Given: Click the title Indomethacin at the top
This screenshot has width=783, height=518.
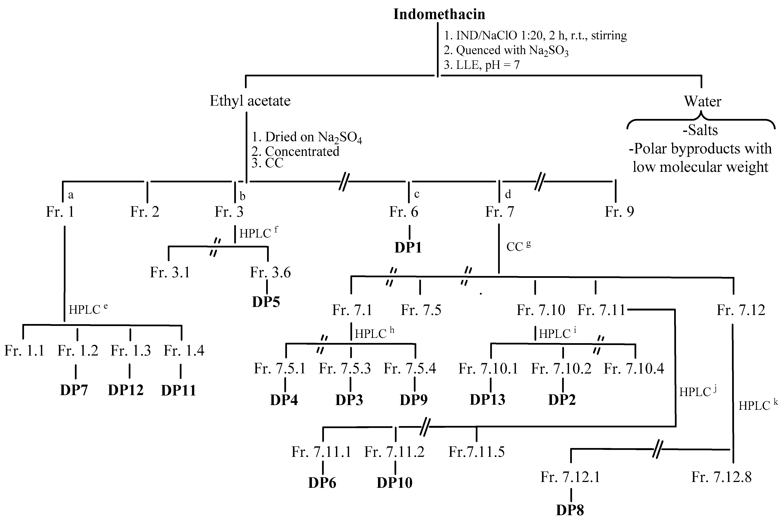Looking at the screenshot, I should [x=439, y=14].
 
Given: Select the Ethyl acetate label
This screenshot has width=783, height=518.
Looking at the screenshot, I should [x=250, y=101].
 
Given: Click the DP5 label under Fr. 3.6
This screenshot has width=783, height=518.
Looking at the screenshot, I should [x=266, y=302].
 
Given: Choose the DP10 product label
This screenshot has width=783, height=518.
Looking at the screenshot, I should [x=395, y=483].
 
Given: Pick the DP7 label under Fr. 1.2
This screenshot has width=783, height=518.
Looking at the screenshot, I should [x=74, y=390].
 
